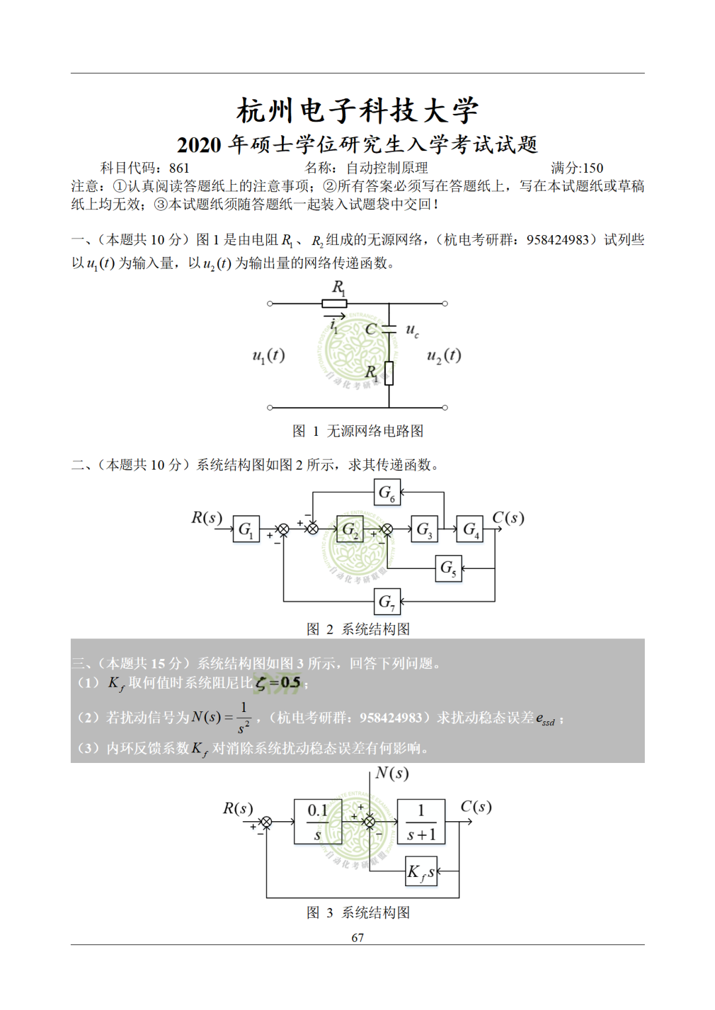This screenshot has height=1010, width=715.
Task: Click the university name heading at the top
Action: point(358,110)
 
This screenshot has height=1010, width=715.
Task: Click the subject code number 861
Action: point(179,168)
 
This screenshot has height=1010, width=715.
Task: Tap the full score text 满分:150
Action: point(577,168)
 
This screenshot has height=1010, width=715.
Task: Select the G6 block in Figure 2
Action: point(387,493)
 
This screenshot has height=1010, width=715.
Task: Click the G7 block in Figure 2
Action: point(387,601)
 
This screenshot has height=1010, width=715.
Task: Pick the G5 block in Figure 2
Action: point(448,568)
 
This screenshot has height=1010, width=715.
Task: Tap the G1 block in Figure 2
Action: point(246,529)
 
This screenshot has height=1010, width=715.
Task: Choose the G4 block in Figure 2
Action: point(469,529)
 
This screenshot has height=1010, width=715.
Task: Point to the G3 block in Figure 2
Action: point(424,529)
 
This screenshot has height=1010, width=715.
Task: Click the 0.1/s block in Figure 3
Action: point(318,822)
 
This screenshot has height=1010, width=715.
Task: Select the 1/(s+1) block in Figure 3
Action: point(421,822)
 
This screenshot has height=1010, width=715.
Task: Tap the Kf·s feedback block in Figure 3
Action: point(421,872)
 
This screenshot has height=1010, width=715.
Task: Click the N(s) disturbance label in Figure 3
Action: point(392,774)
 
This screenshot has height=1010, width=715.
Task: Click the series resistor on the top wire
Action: point(334,304)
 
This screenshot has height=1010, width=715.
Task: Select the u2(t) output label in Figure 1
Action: point(444,356)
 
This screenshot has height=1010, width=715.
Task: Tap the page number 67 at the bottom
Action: point(358,937)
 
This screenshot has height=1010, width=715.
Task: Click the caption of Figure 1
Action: point(358,431)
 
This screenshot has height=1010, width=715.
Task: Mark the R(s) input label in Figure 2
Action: point(207,518)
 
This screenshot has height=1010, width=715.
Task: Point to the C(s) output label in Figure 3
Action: point(476,807)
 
